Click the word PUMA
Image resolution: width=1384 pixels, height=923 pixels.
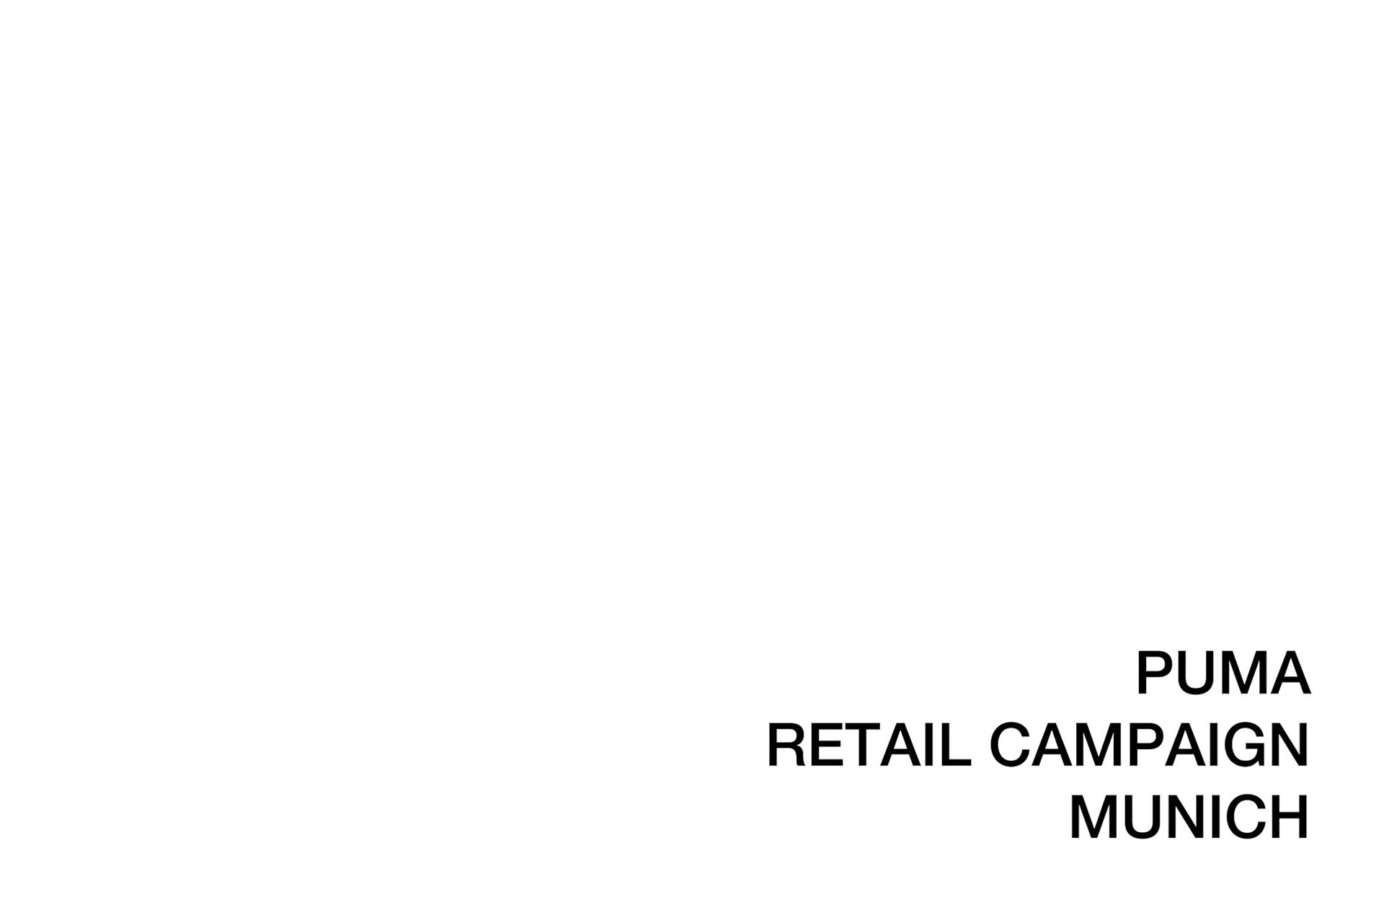[1223, 673]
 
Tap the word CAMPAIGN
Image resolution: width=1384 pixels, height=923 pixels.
[1149, 745]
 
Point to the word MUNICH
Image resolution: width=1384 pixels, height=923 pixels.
[1189, 817]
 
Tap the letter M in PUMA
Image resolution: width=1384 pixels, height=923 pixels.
[1247, 673]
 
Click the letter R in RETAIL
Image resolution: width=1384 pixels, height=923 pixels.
[788, 745]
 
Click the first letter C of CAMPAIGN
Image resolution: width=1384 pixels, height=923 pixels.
[1010, 745]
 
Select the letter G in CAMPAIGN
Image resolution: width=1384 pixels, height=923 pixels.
[1245, 745]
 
